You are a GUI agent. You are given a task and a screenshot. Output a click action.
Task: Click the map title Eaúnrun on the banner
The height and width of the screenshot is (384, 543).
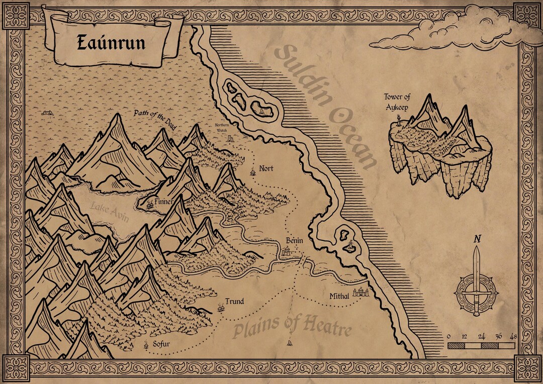point(111,43)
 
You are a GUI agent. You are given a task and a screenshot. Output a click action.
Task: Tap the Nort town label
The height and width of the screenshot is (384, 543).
point(266,168)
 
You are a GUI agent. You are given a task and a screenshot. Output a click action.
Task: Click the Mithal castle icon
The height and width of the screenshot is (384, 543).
point(361,291)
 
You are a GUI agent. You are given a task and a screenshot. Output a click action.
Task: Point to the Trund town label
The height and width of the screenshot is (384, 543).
point(234,302)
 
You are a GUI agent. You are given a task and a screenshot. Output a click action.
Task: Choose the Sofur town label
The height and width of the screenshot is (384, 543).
point(161,345)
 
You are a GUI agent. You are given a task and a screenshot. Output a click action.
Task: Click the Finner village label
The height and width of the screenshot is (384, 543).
point(164,202)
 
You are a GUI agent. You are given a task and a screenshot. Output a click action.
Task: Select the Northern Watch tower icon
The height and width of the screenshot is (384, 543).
point(230,138)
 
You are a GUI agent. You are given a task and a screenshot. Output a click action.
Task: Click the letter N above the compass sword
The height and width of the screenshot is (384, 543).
point(476,239)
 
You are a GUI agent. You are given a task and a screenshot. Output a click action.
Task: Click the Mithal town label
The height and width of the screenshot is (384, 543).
point(339,297)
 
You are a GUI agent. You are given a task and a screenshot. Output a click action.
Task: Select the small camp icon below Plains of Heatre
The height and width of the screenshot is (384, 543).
point(290,343)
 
